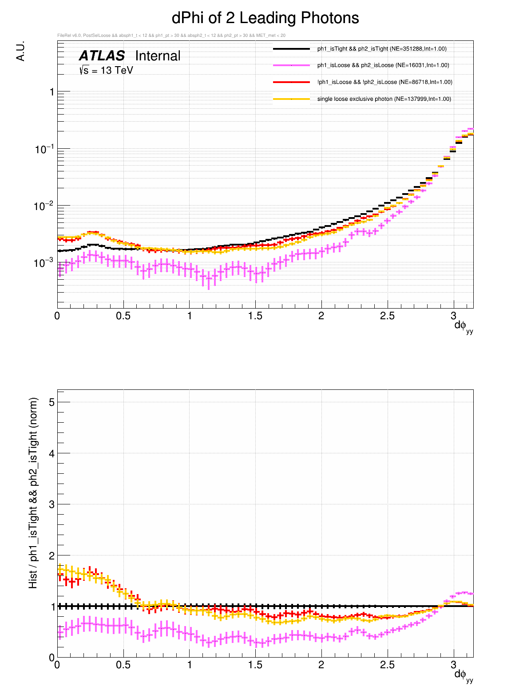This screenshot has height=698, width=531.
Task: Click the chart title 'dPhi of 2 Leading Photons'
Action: pos(265,18)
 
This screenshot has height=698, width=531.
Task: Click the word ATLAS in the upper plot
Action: pos(102,56)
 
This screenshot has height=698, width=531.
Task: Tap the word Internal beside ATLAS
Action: pos(158,56)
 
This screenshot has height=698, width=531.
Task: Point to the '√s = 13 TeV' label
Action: pos(106,70)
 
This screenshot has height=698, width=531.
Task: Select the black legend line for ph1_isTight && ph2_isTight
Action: pos(291,48)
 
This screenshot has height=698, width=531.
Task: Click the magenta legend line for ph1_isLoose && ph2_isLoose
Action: pos(291,65)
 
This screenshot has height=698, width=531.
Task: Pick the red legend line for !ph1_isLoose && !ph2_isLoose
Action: pos(291,82)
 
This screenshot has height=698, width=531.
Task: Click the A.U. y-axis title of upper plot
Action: pos(20,51)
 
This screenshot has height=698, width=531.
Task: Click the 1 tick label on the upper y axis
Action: pos(52,92)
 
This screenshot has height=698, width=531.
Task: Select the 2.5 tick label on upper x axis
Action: pos(387,316)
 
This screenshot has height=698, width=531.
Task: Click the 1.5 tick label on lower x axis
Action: pos(255,665)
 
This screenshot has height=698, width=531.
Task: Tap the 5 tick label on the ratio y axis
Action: pos(52,402)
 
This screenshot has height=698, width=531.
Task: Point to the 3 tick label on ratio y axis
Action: pos(52,504)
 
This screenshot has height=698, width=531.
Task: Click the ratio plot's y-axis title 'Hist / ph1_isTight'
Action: pos(33,493)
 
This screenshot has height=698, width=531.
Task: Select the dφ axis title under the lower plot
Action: pos(463,675)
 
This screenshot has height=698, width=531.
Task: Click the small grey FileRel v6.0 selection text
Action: pos(171,36)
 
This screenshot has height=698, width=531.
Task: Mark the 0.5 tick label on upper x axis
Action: pos(123,316)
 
